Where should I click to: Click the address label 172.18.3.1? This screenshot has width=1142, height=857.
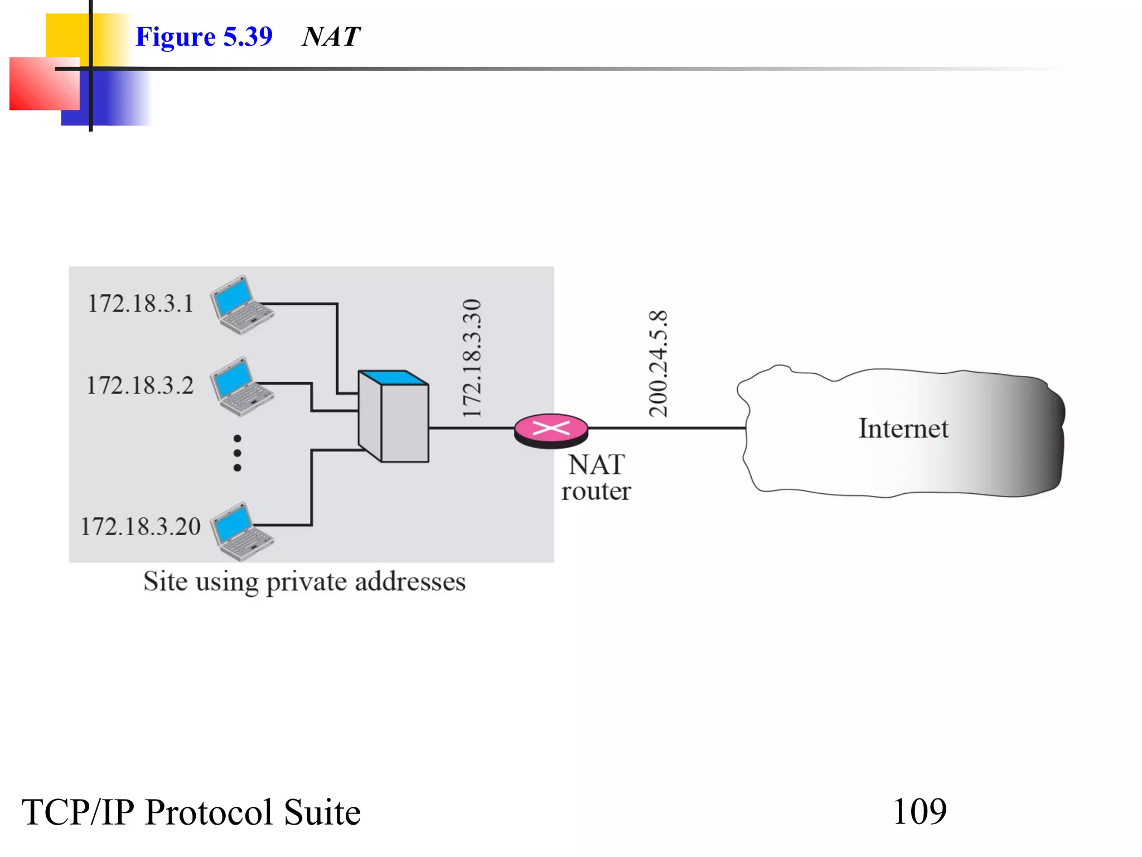click(141, 304)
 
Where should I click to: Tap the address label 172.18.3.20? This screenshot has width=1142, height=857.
click(141, 527)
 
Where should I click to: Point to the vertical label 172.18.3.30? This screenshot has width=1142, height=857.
click(472, 358)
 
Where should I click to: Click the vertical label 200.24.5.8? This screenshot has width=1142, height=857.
click(659, 364)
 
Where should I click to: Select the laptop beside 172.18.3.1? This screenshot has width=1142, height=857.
click(241, 305)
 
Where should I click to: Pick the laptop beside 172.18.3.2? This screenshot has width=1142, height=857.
click(241, 386)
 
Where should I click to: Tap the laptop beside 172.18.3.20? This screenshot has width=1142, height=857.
click(241, 531)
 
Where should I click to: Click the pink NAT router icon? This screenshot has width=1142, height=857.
click(551, 430)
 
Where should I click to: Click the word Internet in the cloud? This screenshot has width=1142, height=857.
click(903, 429)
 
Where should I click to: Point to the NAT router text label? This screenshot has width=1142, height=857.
click(596, 478)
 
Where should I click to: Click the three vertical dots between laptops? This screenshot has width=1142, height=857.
click(238, 453)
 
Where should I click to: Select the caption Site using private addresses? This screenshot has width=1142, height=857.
click(304, 582)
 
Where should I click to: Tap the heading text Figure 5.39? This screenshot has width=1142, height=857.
click(204, 37)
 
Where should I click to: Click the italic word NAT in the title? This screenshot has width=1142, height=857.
click(331, 37)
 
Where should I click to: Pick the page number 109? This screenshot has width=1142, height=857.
click(920, 812)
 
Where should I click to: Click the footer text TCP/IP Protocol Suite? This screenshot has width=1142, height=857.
click(191, 812)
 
